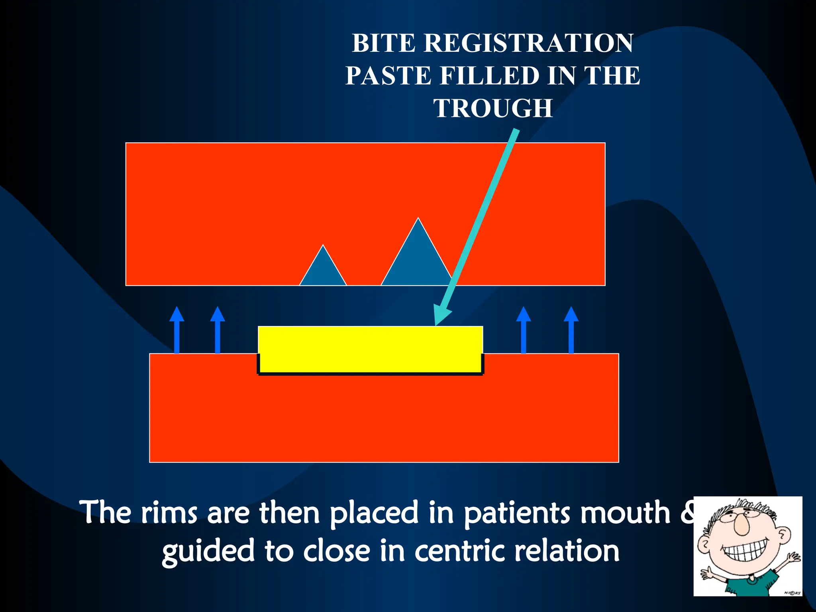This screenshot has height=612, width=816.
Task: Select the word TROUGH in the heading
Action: [493, 108]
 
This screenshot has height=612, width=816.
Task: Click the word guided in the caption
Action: [208, 552]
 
